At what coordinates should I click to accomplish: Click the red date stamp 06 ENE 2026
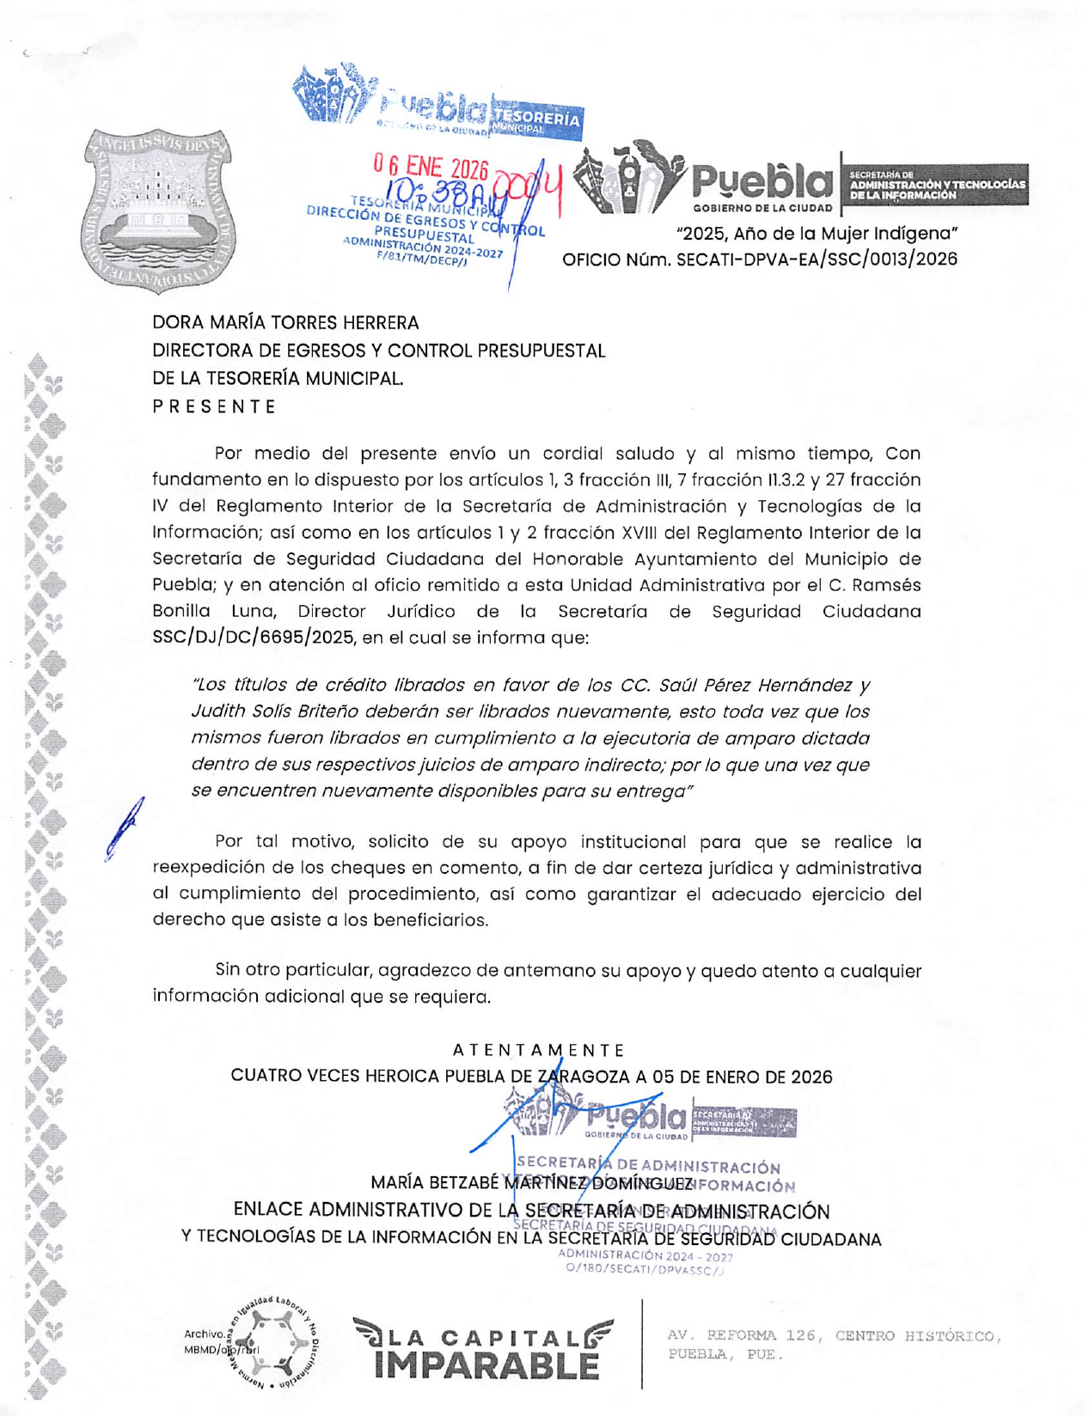click(x=430, y=167)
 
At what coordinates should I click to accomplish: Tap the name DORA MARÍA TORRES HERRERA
click(x=285, y=323)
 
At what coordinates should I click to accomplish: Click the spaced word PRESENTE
click(x=214, y=406)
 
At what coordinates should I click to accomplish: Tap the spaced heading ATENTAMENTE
click(x=538, y=1050)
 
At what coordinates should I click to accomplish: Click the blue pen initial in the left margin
click(x=123, y=828)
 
